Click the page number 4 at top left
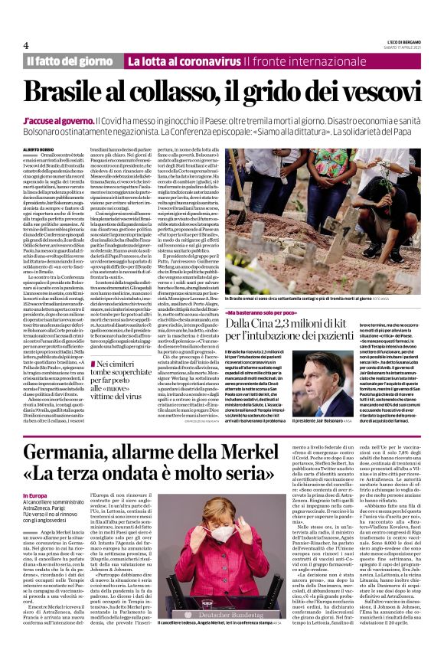[x=26, y=44]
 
